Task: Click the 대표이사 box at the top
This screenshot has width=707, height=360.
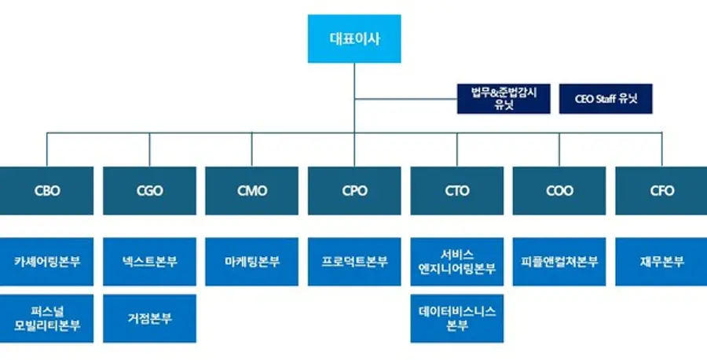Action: tap(353, 39)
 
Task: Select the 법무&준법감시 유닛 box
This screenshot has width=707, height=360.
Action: tap(504, 99)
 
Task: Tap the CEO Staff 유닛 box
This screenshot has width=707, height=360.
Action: tap(605, 99)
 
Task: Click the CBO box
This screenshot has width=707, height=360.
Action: tap(47, 190)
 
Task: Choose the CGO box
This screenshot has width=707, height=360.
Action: tap(149, 190)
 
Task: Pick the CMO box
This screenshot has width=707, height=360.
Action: tap(251, 190)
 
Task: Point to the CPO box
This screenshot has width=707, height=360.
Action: tap(354, 190)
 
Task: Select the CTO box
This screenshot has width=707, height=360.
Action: tap(456, 190)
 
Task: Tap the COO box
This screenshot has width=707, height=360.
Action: tap(559, 190)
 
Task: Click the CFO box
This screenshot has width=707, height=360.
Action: tap(661, 190)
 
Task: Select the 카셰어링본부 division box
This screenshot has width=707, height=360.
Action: tap(47, 262)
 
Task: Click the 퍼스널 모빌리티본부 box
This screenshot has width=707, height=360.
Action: tap(47, 318)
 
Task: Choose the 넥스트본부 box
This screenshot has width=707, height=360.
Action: tap(149, 262)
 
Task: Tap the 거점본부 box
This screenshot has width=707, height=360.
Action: tap(149, 318)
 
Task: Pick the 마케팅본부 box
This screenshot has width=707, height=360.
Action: tap(251, 262)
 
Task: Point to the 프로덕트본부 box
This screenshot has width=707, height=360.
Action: tap(354, 262)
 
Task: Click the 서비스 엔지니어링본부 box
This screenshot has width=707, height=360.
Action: tap(456, 262)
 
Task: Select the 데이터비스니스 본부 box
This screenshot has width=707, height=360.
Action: tap(456, 318)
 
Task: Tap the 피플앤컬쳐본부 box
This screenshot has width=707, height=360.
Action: tap(559, 262)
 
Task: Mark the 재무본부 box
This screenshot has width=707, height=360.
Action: tap(661, 262)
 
